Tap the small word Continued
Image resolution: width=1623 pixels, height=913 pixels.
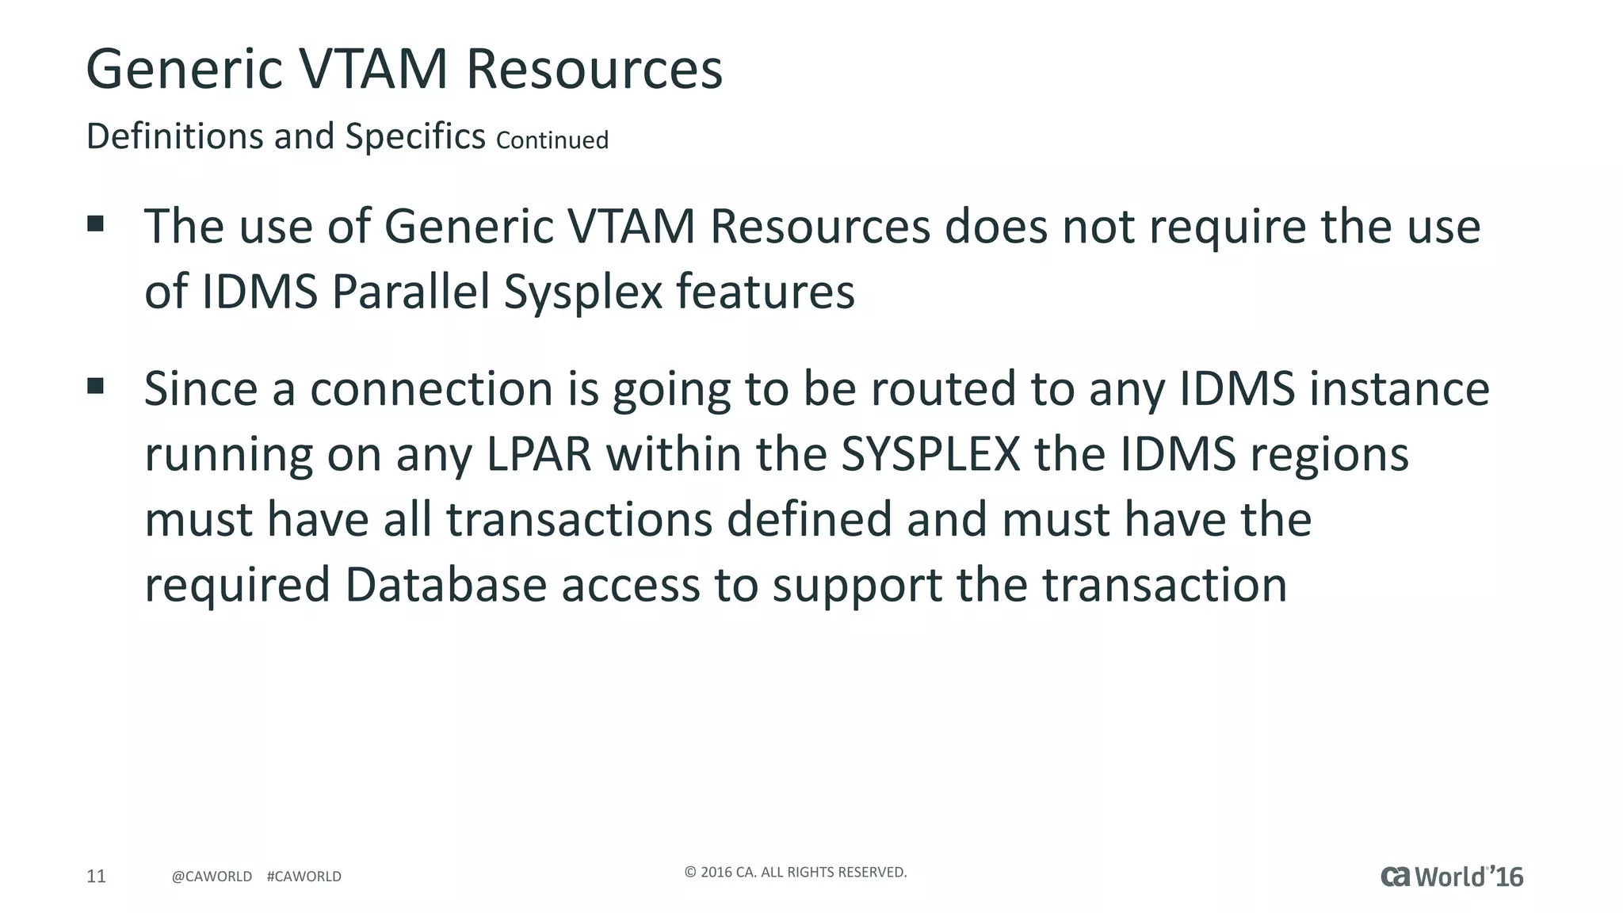(x=552, y=140)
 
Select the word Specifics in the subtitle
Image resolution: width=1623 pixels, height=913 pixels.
(x=415, y=136)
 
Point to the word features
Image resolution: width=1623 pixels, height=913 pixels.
(x=766, y=291)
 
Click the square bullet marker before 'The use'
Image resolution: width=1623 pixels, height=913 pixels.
(x=96, y=223)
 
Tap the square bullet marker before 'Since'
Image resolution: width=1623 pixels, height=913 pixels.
(x=96, y=386)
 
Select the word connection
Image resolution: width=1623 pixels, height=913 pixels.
(x=431, y=389)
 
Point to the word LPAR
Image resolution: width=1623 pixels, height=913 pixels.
(x=539, y=454)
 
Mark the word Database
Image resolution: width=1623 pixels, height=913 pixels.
(x=445, y=585)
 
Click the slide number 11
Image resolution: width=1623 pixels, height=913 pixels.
(x=96, y=876)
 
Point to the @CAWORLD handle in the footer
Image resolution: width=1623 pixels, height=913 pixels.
(x=212, y=877)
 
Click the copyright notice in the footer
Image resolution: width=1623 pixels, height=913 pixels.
(x=795, y=873)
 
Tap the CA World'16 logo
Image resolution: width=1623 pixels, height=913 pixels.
(x=1452, y=877)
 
